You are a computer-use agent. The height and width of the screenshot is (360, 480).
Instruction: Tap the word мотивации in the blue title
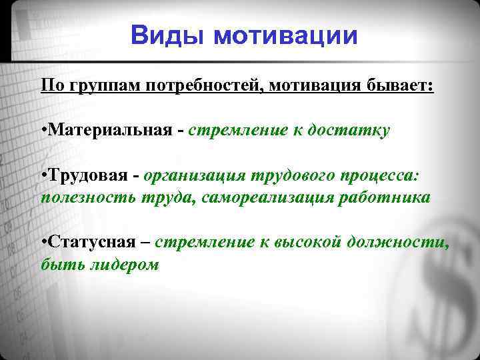click(285, 35)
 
